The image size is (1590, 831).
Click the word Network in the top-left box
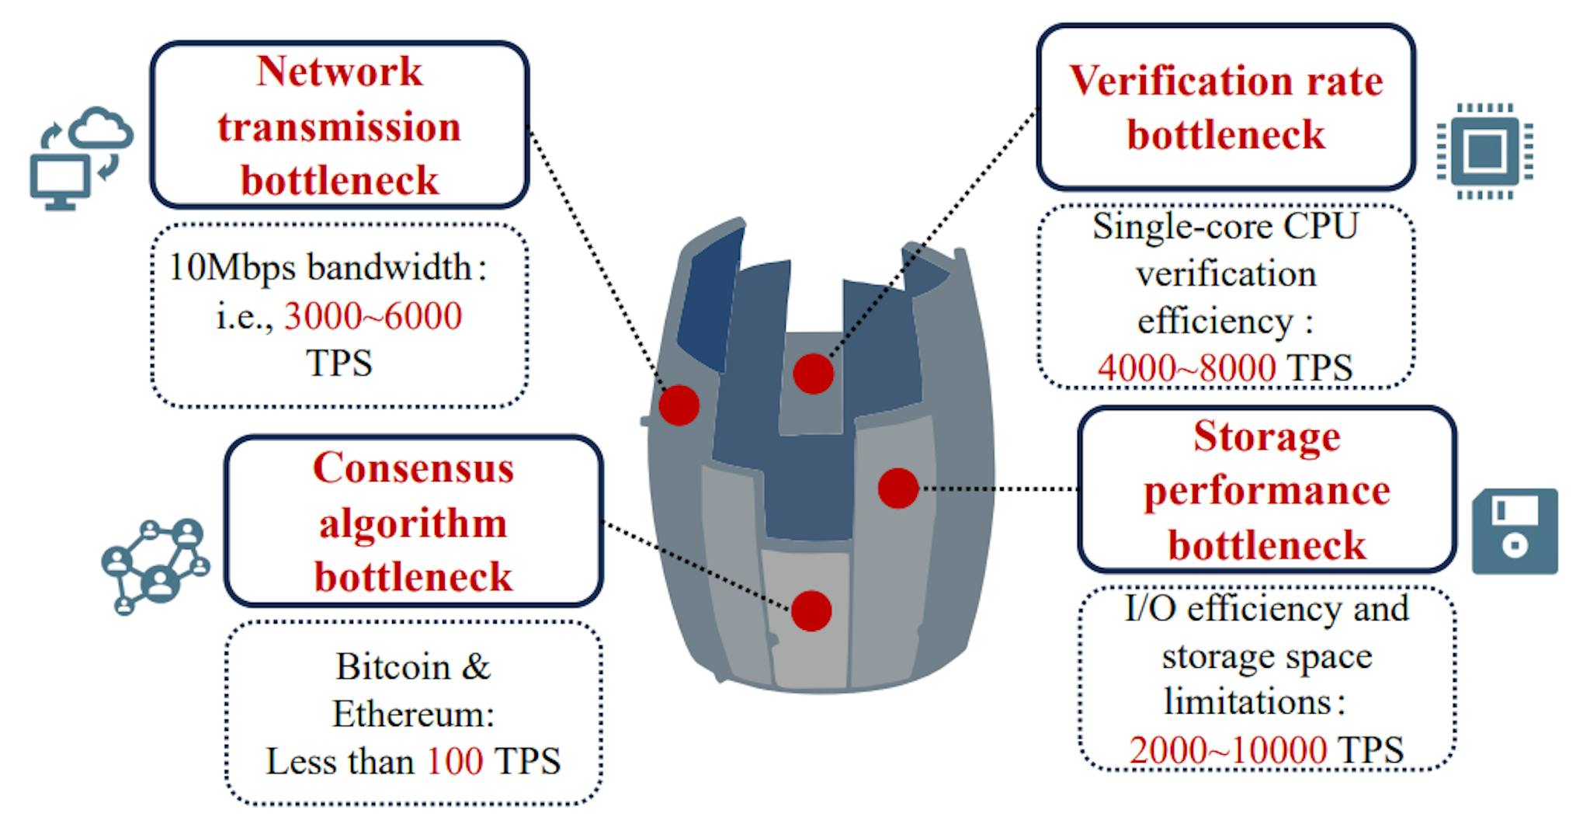(339, 71)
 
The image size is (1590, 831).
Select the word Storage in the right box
(1266, 436)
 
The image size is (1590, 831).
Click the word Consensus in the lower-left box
(413, 468)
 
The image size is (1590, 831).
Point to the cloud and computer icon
(80, 158)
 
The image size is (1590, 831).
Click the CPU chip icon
(1484, 151)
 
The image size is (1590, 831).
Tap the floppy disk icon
(1515, 531)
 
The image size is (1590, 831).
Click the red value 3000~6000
(373, 316)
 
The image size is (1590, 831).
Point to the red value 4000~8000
(1186, 367)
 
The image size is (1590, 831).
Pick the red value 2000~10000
(1227, 750)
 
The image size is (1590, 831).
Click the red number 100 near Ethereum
(455, 761)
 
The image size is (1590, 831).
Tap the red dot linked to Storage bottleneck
(898, 489)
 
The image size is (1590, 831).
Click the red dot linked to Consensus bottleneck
(811, 610)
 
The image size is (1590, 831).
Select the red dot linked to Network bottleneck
(679, 405)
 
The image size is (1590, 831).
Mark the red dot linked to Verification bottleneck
(813, 374)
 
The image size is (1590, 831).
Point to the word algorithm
(413, 523)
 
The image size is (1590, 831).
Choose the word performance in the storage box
(1266, 491)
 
